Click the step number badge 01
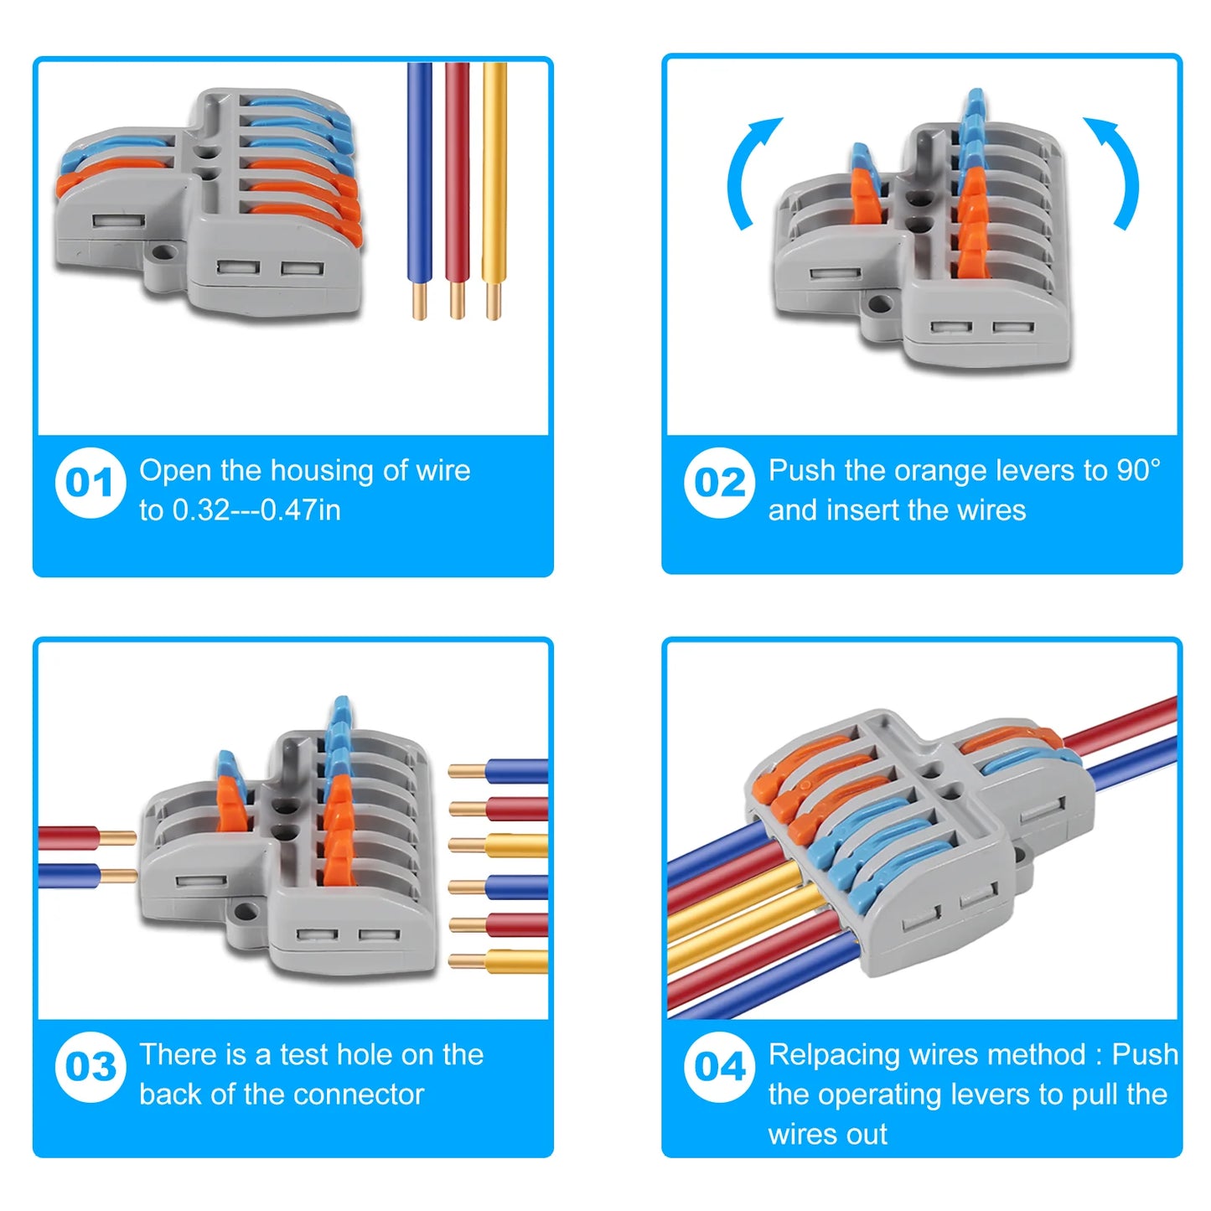click(91, 483)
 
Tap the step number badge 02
click(719, 483)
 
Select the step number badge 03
click(91, 1067)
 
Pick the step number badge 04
click(719, 1067)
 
